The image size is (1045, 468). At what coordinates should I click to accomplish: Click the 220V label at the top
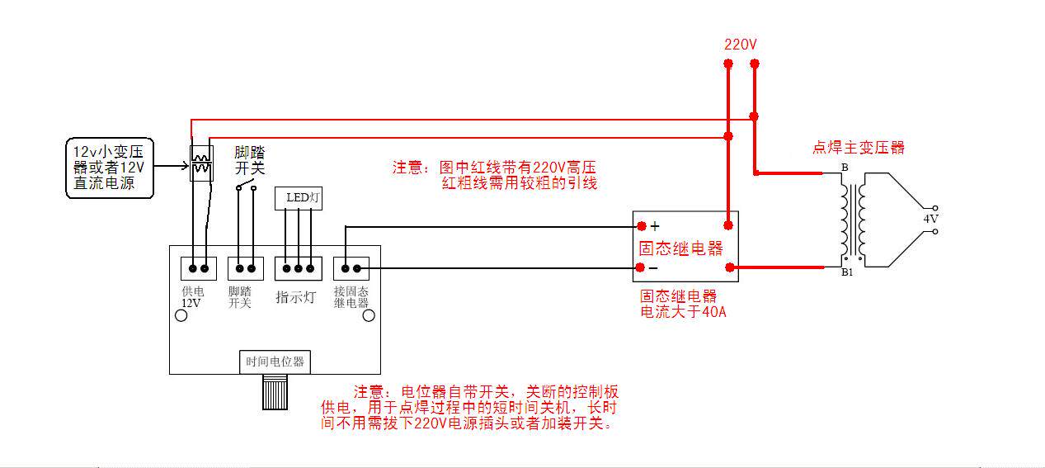[740, 45]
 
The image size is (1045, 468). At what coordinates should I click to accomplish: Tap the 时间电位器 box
[275, 362]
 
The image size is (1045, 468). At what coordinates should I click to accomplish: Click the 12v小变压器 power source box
[109, 168]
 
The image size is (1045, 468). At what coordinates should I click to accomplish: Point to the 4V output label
[930, 219]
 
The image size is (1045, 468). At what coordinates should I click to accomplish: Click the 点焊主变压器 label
[859, 148]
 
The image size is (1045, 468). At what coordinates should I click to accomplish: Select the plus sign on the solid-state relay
[655, 225]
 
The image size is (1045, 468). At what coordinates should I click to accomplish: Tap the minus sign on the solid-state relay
[653, 268]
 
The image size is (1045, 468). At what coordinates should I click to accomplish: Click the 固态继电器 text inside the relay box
[680, 248]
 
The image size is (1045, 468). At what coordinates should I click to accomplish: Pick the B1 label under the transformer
[847, 272]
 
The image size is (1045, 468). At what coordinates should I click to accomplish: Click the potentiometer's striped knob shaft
[275, 392]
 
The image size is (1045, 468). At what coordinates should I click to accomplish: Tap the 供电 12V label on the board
[192, 297]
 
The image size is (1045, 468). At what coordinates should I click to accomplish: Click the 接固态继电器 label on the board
[351, 297]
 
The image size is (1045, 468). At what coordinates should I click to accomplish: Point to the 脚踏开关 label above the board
[249, 159]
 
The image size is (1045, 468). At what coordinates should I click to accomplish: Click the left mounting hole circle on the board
[180, 315]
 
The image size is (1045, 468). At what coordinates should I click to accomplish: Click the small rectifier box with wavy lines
[201, 163]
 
